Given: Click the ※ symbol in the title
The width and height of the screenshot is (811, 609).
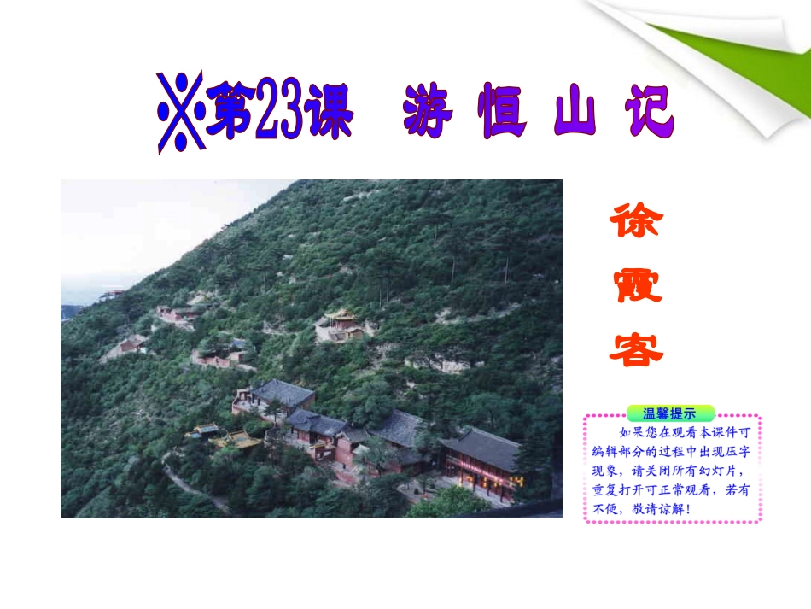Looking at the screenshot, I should [x=180, y=111].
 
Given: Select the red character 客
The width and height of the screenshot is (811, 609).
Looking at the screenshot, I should [x=635, y=347].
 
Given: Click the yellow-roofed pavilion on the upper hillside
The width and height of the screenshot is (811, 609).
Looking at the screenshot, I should [x=341, y=322].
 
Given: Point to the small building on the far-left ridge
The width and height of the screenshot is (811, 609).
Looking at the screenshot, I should [x=111, y=295].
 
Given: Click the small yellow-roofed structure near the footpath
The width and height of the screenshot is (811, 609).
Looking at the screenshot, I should [x=237, y=439].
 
